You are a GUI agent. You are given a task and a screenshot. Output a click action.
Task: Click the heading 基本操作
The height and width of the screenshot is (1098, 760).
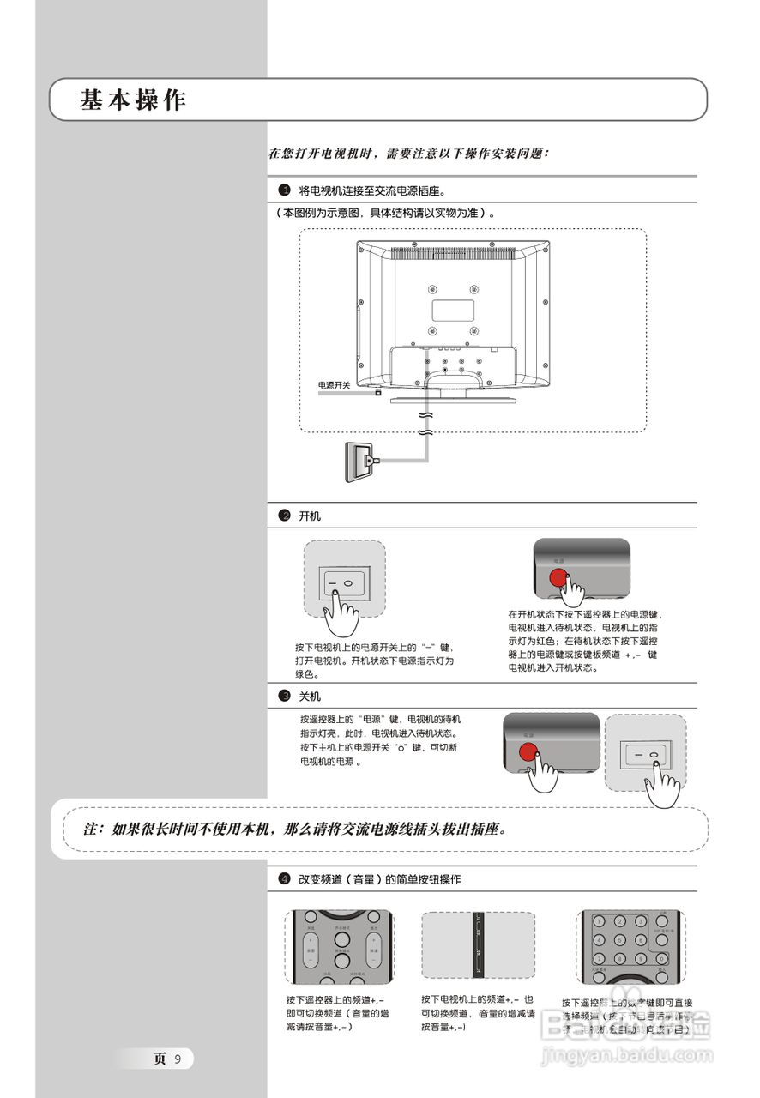pos(133,100)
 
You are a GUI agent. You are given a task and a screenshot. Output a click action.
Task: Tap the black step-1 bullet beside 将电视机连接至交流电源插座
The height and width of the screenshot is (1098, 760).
pos(284,189)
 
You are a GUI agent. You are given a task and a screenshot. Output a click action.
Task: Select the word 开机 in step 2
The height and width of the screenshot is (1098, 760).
pos(309,516)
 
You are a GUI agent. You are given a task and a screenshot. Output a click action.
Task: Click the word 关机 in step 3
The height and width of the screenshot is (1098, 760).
pos(309,696)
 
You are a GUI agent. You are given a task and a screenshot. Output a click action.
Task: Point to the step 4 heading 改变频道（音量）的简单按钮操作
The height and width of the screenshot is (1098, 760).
pos(379,879)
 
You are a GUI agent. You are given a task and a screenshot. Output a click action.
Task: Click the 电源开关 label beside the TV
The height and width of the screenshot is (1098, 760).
pos(334,385)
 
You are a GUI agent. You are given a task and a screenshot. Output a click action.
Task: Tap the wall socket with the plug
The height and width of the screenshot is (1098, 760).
pos(359,462)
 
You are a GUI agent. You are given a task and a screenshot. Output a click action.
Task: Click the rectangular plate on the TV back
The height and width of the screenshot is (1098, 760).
pos(453,309)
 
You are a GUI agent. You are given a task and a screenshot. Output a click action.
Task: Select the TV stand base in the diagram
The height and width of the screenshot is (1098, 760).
pos(453,400)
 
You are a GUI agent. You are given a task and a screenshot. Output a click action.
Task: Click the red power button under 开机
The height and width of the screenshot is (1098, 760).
pos(558,578)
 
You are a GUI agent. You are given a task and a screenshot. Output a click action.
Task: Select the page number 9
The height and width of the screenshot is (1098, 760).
pos(178,1059)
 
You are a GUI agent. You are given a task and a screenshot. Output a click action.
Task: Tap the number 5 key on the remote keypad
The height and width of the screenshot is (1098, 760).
pos(620,939)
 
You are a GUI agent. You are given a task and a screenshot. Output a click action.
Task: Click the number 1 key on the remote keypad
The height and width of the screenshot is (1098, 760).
pos(600,921)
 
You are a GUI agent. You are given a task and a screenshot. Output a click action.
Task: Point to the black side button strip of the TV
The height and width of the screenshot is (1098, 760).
pos(478,944)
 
